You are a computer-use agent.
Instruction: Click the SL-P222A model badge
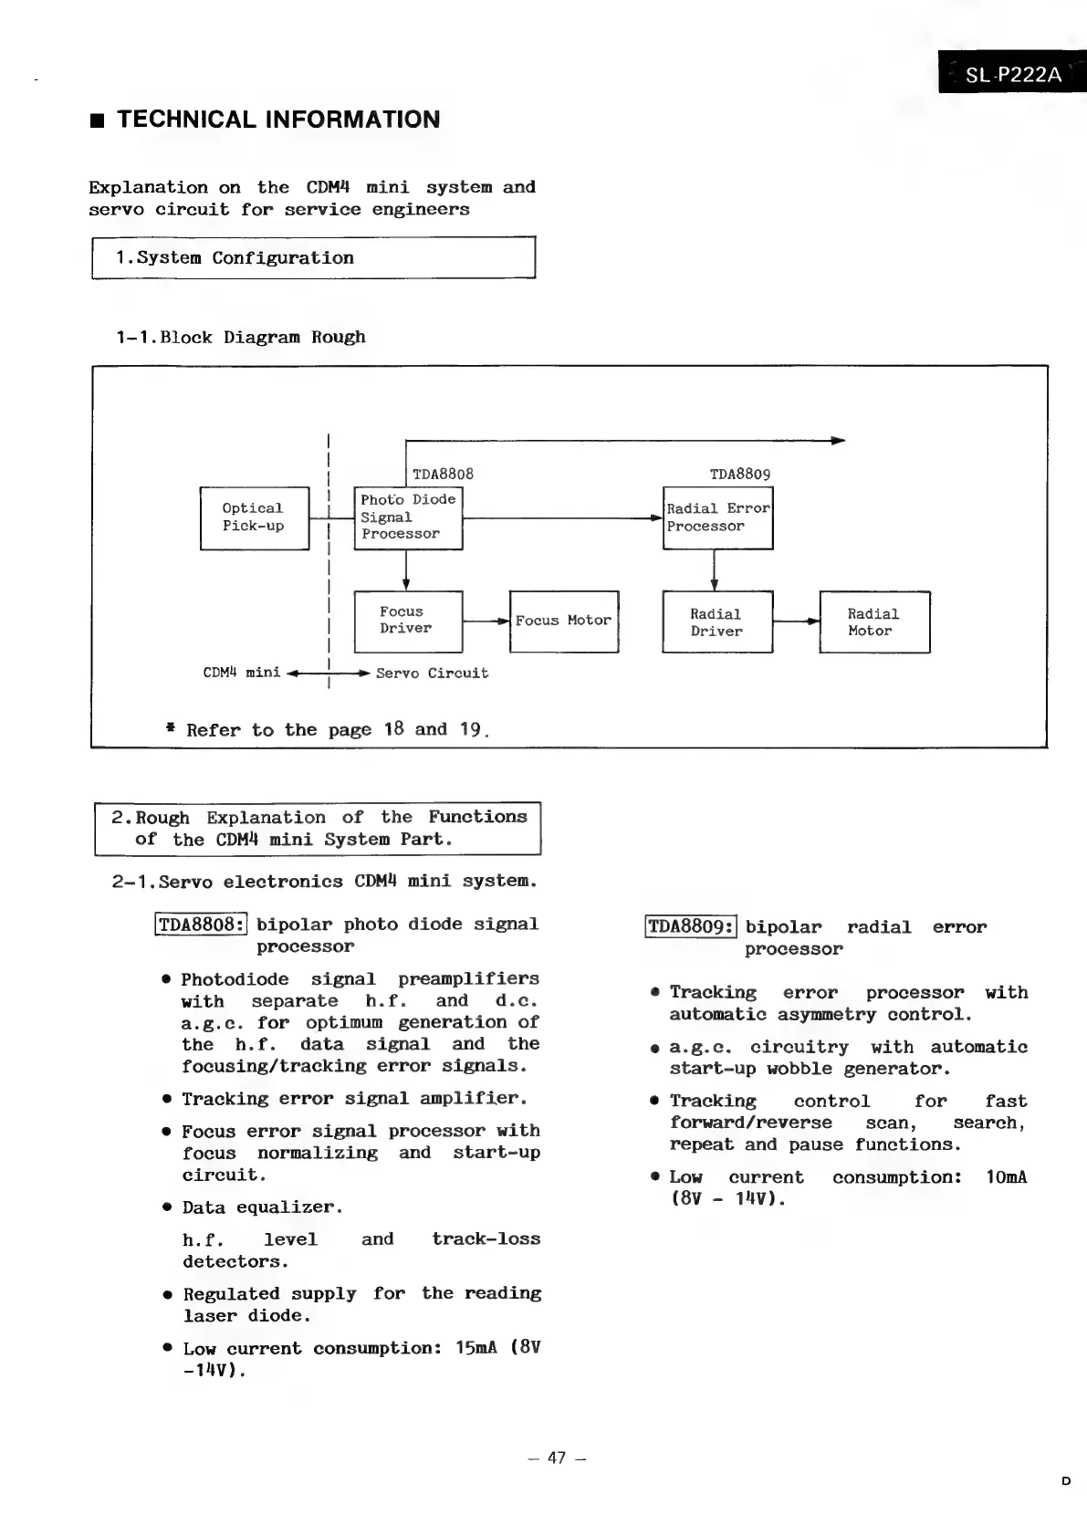[x=1012, y=73]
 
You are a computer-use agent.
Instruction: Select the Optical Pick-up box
[x=254, y=518]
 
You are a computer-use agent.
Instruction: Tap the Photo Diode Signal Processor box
[x=408, y=517]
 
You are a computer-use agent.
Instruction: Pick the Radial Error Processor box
[x=718, y=517]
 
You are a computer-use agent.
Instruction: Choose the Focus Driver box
[x=408, y=621]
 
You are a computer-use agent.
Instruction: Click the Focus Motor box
[x=563, y=621]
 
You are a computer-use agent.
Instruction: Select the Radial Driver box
[x=717, y=622]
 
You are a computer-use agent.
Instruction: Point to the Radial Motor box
[x=874, y=622]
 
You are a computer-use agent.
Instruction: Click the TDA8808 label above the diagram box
[x=443, y=475]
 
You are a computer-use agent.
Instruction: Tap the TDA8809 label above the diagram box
[x=740, y=475]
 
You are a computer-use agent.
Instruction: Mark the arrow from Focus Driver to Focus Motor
[x=486, y=621]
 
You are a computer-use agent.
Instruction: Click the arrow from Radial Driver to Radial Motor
[x=797, y=622]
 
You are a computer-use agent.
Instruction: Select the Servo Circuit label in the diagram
[x=432, y=674]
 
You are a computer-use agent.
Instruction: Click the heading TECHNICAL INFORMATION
[x=278, y=120]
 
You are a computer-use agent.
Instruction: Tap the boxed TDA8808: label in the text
[x=201, y=925]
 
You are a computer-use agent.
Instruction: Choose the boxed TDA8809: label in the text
[x=690, y=927]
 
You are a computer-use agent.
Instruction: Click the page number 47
[x=557, y=1458]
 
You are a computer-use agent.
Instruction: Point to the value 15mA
[x=476, y=1348]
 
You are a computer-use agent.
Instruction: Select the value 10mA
[x=1006, y=1177]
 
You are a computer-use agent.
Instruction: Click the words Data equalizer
[x=262, y=1207]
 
